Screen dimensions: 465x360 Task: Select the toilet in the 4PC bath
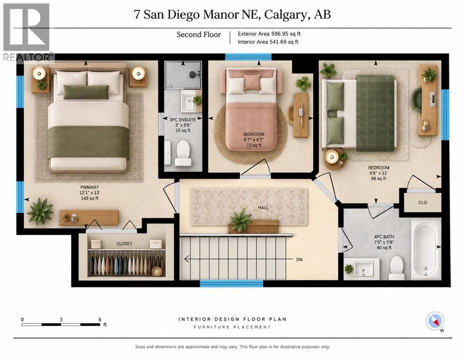[397, 268]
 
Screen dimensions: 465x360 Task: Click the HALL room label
[263, 208]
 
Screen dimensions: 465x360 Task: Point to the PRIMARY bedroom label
[89, 187]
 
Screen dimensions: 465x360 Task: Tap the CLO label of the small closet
[422, 202]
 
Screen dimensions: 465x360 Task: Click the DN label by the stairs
[300, 259]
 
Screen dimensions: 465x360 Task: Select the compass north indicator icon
[435, 321]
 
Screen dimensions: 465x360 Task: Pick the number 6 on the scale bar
[100, 320]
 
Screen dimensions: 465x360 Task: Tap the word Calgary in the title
[286, 14]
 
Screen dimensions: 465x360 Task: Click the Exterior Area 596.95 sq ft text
[269, 34]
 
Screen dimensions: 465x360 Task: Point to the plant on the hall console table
[241, 220]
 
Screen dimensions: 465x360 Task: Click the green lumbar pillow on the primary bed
[86, 92]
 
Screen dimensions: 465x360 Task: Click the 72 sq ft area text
[253, 145]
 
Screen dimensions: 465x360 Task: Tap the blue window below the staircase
[231, 284]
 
